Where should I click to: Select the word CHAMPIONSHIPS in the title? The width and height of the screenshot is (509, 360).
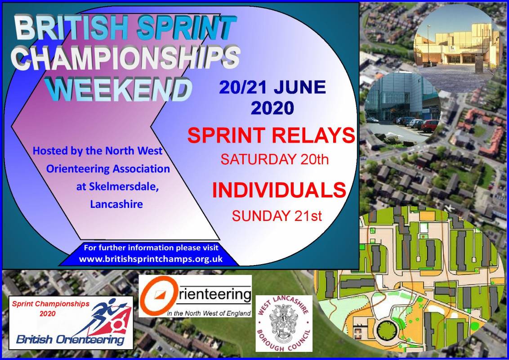[x=125, y=58]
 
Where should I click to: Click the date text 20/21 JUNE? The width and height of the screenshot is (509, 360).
[x=272, y=87]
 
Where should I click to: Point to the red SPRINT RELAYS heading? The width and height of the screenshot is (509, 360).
[x=271, y=135]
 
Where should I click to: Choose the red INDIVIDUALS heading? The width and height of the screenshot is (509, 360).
[x=279, y=190]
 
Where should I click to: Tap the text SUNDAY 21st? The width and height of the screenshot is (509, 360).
[x=277, y=216]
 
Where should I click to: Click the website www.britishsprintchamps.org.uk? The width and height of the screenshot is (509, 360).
[x=151, y=259]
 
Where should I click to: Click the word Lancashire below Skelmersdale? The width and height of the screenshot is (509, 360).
[x=116, y=204]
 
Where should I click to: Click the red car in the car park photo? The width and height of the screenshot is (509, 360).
[x=429, y=125]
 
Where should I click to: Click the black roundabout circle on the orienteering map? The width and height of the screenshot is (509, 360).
[x=387, y=332]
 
